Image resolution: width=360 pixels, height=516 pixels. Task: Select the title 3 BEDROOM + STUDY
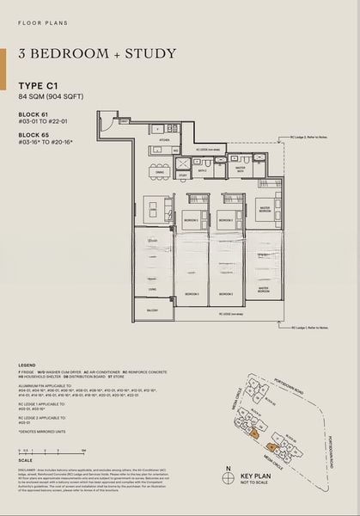pyautogui.click(x=96, y=54)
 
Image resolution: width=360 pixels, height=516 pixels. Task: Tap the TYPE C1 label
pyautogui.click(x=40, y=84)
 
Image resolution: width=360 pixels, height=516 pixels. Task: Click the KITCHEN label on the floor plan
pyautogui.click(x=165, y=139)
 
